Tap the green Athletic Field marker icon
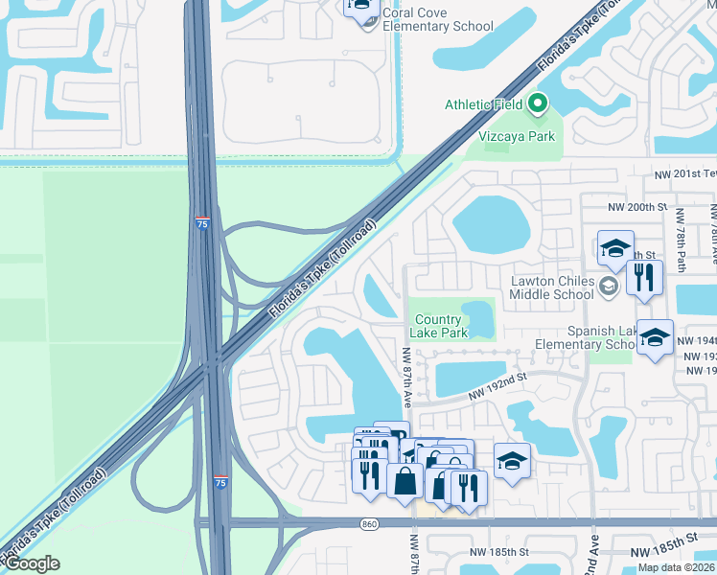(538, 103)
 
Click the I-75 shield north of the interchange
(201, 223)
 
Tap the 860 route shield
(369, 523)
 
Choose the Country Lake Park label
(439, 326)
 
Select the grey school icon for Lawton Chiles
(607, 286)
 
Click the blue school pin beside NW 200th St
(614, 248)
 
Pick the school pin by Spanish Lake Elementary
(655, 338)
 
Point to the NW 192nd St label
(498, 388)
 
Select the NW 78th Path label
(681, 239)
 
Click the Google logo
(32, 563)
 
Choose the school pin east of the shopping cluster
(512, 461)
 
